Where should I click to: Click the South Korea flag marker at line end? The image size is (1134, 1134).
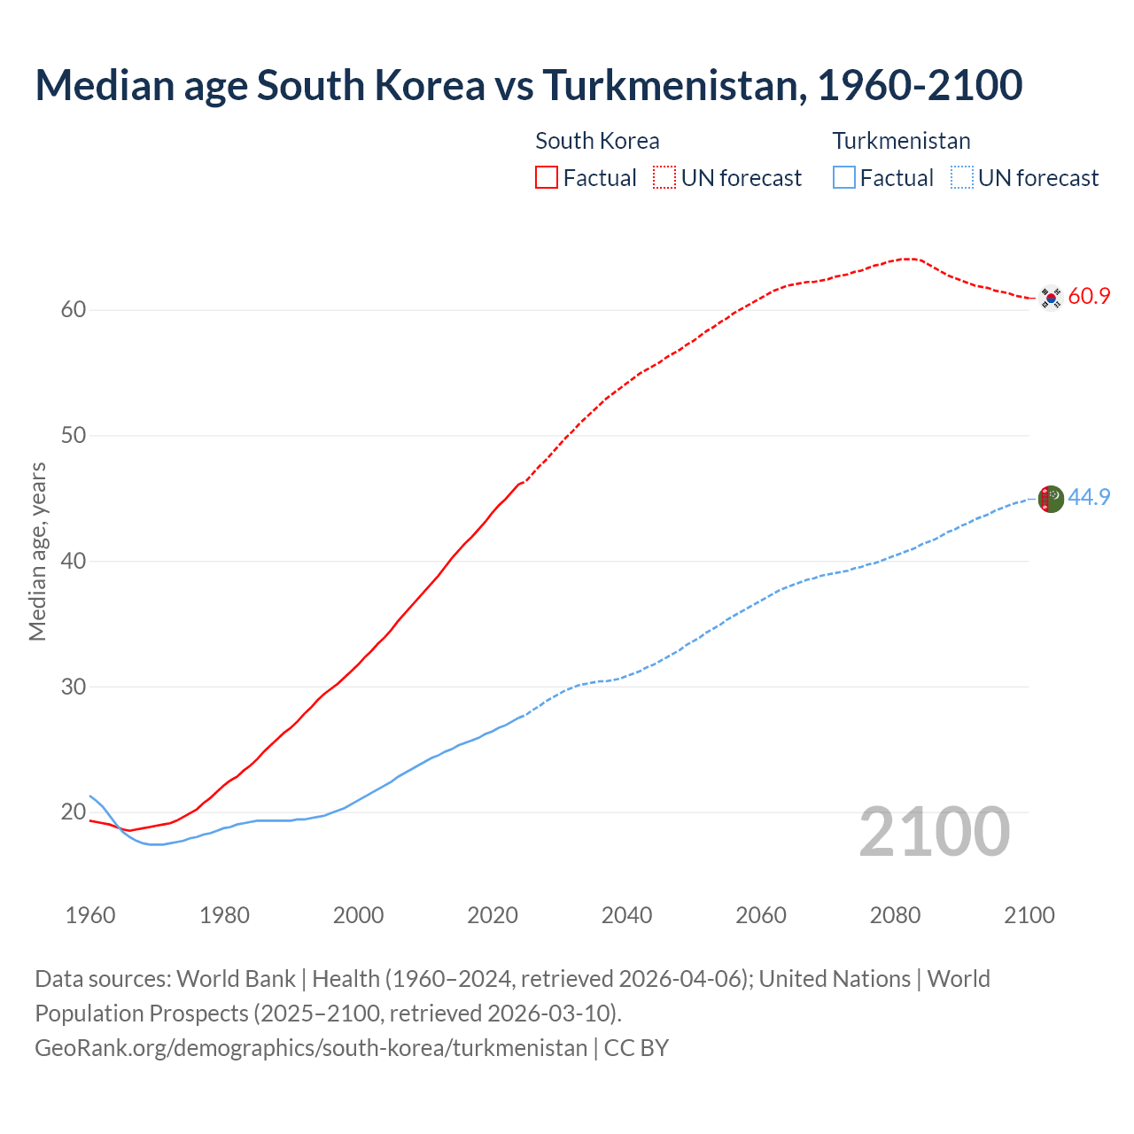pos(1051,299)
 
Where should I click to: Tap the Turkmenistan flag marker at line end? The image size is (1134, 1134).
pos(1051,499)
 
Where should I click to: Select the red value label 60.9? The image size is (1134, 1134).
pos(1089,297)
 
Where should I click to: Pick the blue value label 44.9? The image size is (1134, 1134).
pos(1089,497)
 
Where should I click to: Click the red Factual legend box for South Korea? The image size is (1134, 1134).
pos(547,178)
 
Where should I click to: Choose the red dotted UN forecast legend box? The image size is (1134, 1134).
pos(664,178)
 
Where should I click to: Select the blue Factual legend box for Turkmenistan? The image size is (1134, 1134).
pos(844,178)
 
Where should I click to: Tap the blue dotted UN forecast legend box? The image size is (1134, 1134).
pos(961,178)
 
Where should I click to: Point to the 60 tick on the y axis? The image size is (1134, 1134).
pos(74,310)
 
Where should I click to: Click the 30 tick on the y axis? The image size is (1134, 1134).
pos(74,687)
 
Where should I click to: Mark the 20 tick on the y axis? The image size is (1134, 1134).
pos(74,812)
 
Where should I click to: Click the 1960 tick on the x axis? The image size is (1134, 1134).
pos(90,915)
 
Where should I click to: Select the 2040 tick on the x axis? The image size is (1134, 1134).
pos(626,915)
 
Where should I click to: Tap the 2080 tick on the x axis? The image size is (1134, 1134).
pos(895,915)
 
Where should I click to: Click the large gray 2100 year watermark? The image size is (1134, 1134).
pos(934,831)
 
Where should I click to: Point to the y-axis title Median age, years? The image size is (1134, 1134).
pos(37,551)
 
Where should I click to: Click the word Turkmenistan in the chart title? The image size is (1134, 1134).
pos(673,85)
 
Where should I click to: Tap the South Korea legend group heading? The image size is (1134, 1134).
pos(597,141)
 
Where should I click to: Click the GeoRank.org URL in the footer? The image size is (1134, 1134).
pos(311,1048)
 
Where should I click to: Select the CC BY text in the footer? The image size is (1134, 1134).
pos(636,1048)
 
